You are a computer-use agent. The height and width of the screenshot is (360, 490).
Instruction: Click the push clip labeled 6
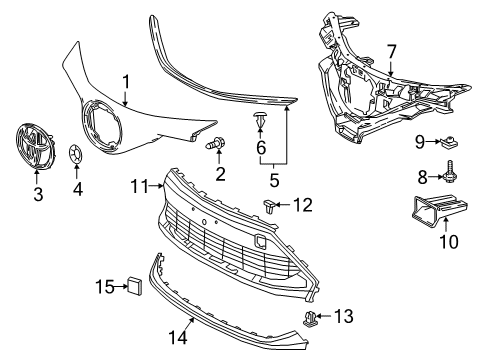click(260, 123)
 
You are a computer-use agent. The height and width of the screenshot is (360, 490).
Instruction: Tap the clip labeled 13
click(311, 319)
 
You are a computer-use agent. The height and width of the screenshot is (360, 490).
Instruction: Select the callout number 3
click(38, 194)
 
